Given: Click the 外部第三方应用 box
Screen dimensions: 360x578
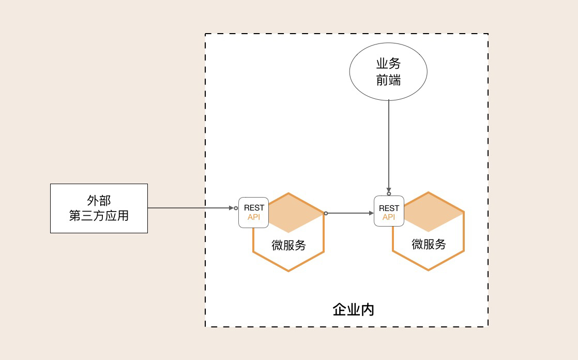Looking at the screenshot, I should pyautogui.click(x=99, y=208).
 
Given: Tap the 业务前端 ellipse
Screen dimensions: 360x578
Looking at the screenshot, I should pyautogui.click(x=388, y=71).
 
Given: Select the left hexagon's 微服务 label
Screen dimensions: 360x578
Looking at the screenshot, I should pyautogui.click(x=288, y=245).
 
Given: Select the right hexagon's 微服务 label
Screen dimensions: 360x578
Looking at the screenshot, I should pyautogui.click(x=429, y=244).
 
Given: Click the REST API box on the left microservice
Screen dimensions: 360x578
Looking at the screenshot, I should pyautogui.click(x=253, y=213).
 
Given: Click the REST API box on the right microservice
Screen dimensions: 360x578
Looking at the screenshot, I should pyautogui.click(x=389, y=211).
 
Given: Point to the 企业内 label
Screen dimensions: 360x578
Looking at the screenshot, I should pyautogui.click(x=353, y=310).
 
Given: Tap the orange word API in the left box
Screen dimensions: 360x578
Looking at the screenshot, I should pyautogui.click(x=254, y=217).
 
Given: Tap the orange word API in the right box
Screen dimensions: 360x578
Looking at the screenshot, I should pyautogui.click(x=389, y=217).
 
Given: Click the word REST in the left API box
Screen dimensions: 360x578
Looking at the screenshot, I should pyautogui.click(x=254, y=208).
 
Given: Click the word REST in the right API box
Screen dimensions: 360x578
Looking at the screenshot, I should pyautogui.click(x=389, y=208).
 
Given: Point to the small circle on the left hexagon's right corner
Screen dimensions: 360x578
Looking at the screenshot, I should pyautogui.click(x=326, y=213).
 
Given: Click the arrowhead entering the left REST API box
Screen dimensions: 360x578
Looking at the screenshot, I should pyautogui.click(x=232, y=208).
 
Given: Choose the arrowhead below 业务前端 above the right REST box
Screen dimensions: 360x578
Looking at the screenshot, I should pyautogui.click(x=389, y=190).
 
